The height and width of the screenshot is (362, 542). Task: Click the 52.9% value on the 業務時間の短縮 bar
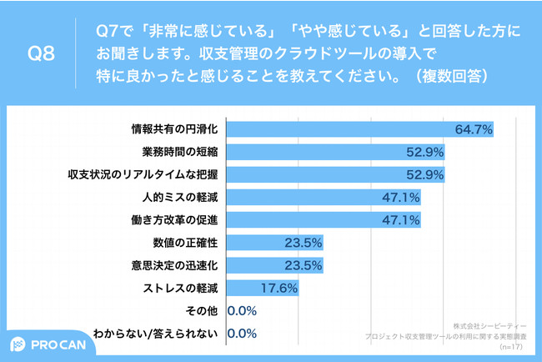click(x=424, y=152)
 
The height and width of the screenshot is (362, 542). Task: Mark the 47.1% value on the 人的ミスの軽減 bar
click(x=401, y=198)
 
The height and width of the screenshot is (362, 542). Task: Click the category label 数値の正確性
click(x=184, y=243)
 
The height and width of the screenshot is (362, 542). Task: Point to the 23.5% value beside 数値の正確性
click(x=302, y=243)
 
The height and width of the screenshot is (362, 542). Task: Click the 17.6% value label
click(x=278, y=289)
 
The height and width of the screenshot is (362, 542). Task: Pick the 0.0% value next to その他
click(x=242, y=311)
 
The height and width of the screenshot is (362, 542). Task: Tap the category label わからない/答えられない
click(x=157, y=334)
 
